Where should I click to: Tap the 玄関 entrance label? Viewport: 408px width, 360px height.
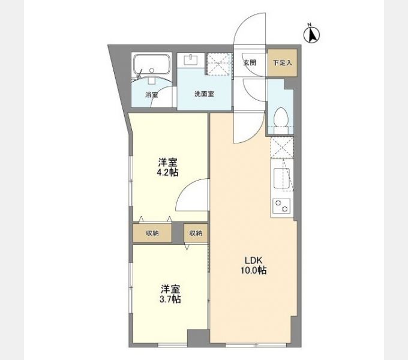pos(250,62)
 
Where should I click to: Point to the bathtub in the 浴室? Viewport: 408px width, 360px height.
pos(152,64)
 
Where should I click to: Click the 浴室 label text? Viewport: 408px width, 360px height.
pos(151,95)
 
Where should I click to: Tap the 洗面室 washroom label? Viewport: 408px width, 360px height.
pos(204,95)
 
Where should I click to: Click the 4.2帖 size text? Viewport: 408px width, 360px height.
pos(167,172)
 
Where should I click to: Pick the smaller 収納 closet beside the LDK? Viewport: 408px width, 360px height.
pos(196,233)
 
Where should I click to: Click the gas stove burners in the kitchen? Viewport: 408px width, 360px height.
pos(281,206)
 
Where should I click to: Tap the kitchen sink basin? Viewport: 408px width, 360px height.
pos(281,179)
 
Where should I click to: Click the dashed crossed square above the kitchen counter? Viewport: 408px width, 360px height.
pos(281,148)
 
